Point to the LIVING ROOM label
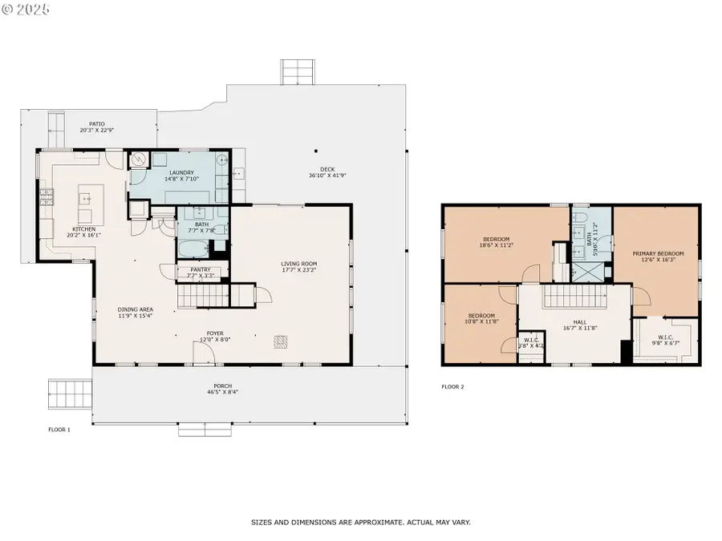coord(299,264)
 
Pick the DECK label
coord(327,169)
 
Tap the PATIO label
coord(97,124)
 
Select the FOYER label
coord(215,333)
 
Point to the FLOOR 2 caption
coord(452,386)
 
